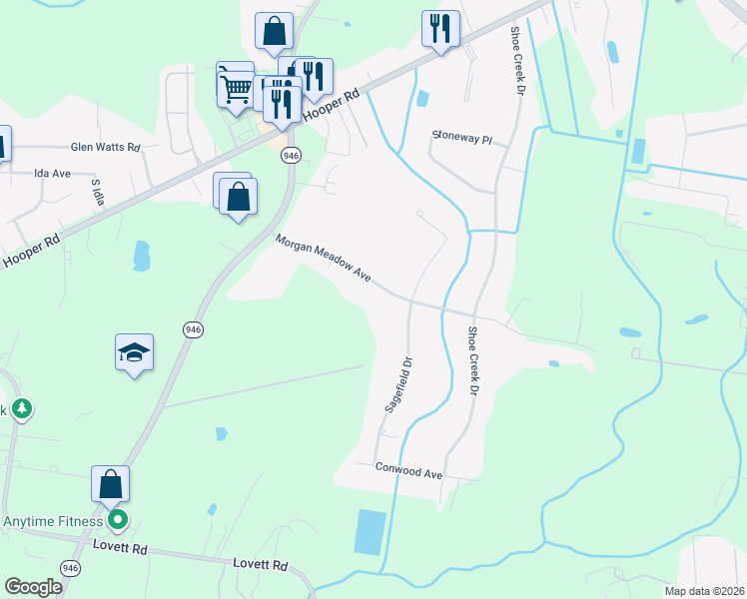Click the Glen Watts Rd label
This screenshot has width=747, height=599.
[x=105, y=147]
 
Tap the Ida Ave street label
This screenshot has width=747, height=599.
[x=52, y=173]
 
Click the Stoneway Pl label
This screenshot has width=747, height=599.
[x=462, y=138]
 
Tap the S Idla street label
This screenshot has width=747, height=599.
[x=98, y=190]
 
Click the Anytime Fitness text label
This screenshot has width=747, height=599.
[x=53, y=521]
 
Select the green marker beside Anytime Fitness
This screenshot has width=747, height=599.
[x=118, y=519]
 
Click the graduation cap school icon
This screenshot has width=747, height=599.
[x=135, y=352]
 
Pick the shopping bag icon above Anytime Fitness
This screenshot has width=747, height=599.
[x=111, y=485]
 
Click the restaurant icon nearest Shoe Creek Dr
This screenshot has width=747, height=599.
[x=440, y=30]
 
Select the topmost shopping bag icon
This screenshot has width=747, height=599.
[x=274, y=31]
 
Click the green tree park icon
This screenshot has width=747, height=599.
[x=22, y=408]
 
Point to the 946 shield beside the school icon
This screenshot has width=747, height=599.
[x=193, y=328]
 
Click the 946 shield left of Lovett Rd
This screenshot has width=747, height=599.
[x=70, y=568]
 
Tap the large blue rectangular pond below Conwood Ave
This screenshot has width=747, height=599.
[x=369, y=532]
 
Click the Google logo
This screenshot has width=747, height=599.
[x=33, y=586]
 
